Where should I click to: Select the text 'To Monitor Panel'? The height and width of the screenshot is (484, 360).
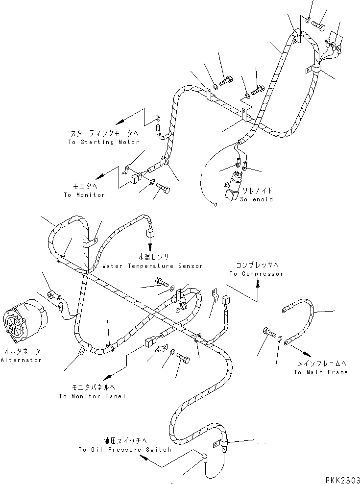pos(92,396)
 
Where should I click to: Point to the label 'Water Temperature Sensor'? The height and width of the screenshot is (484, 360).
pos(152,266)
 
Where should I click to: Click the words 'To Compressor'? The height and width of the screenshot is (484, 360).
pos(256,274)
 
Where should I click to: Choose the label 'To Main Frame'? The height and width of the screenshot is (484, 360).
pos(321,372)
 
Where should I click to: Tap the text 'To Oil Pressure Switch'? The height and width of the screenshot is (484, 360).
pos(125,450)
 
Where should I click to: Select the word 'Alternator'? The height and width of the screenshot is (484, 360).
pos(21,360)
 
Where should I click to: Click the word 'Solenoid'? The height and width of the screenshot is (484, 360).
pos(257,199)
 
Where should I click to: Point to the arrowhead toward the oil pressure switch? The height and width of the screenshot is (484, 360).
pos(143,457)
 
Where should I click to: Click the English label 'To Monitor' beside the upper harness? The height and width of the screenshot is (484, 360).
pos(84,195)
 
